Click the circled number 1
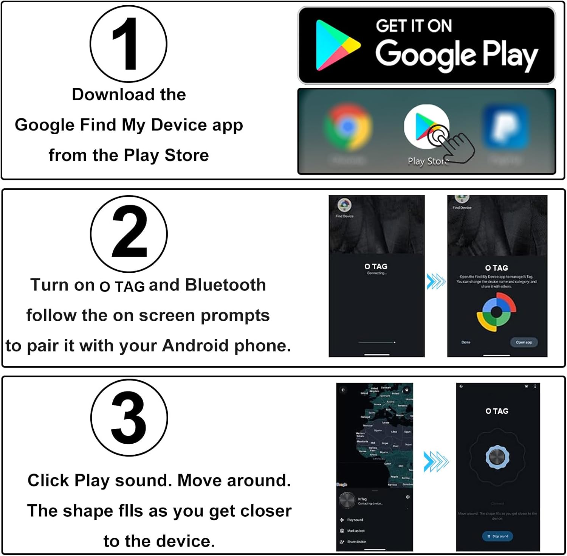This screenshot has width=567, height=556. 128,44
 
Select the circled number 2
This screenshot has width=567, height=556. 129,233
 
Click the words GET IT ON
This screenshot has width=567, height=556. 414,26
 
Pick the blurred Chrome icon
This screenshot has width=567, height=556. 347,127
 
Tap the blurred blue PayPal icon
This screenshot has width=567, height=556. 505,127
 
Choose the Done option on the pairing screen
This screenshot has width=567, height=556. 466,342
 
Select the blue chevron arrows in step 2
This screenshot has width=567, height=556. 436,281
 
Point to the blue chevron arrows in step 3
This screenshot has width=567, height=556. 435,461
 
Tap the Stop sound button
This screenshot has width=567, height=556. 497,536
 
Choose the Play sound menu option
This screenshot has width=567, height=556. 355,520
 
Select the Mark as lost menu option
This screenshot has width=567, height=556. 356,531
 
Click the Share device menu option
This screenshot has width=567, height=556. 356,542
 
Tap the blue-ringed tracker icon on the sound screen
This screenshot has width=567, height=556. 497,457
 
